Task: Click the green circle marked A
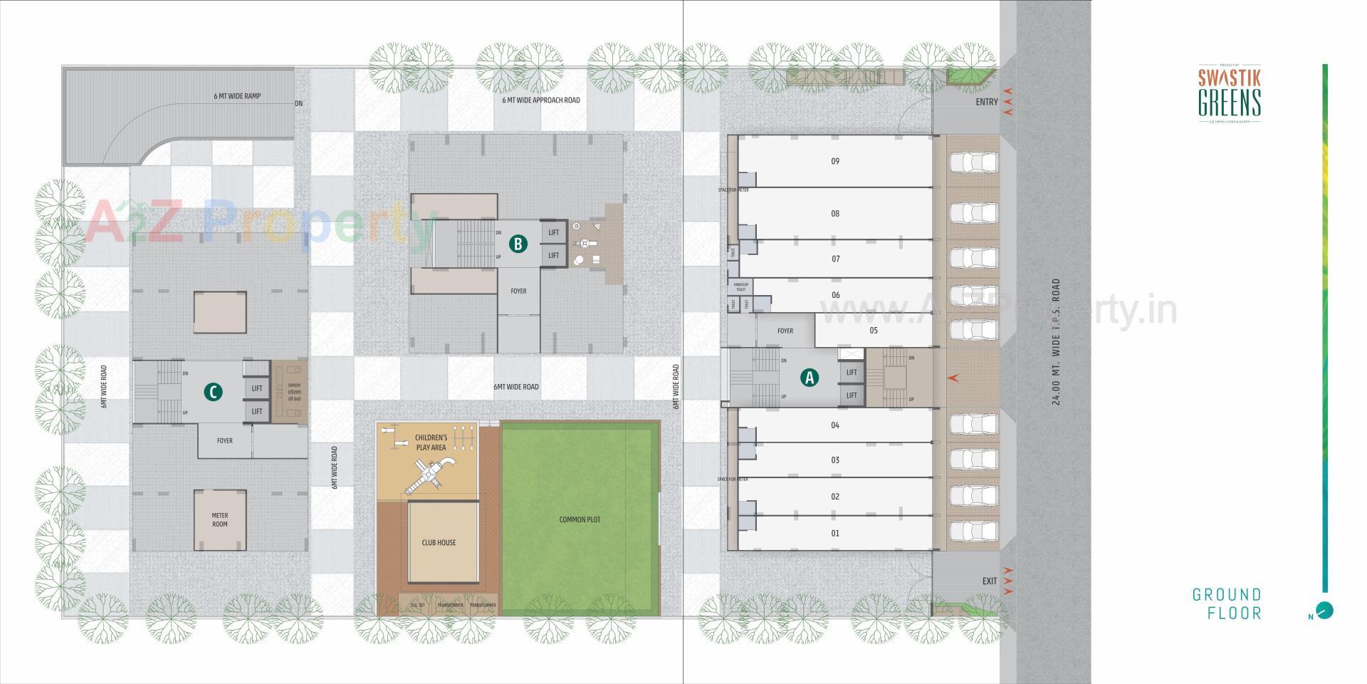coord(809,378)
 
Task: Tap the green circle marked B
coord(518,244)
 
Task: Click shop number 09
coord(835,161)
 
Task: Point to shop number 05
coord(874,330)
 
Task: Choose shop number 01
coord(835,533)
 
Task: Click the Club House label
coord(439,542)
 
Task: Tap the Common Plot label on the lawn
coord(580,519)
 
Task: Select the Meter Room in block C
coord(220,519)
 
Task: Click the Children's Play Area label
coord(431,442)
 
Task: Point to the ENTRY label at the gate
coord(987,102)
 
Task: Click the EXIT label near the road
coord(990,581)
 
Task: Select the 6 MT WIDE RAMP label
coord(237,96)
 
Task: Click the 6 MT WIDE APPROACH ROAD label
coord(541,100)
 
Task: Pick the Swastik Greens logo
coord(1230,93)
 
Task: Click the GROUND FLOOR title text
coord(1227,603)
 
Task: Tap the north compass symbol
coord(1324,611)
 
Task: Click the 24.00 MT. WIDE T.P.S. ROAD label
coord(1057,342)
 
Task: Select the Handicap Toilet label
coord(741,286)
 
